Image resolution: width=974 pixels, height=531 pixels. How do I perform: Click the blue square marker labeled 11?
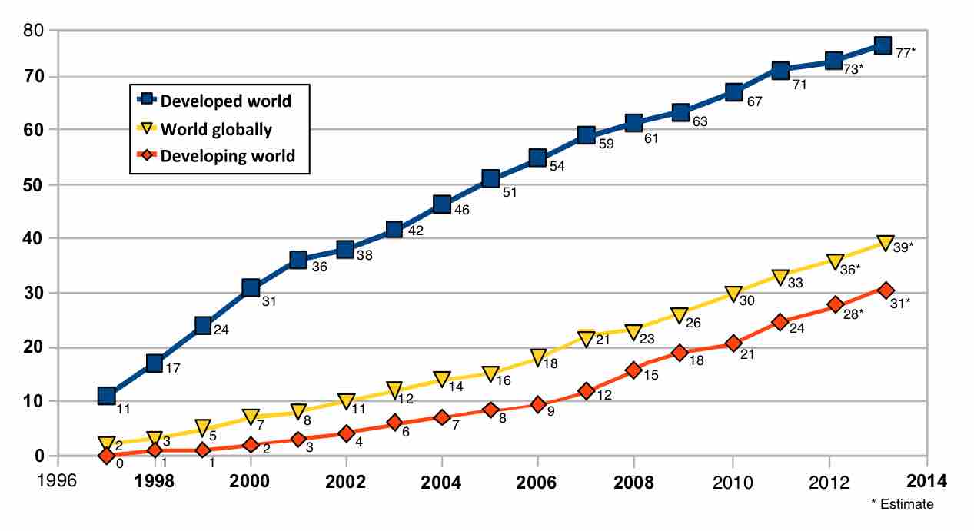(107, 396)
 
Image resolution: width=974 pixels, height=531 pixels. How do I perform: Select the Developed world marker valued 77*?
(883, 45)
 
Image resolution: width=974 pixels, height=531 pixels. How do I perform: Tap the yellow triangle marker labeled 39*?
(885, 244)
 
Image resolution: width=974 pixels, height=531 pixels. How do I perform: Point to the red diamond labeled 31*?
(886, 290)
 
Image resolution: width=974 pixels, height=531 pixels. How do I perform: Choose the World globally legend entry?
(206, 129)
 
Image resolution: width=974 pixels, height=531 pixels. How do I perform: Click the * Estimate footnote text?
(903, 505)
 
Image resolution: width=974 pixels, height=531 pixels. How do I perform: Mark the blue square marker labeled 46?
(442, 204)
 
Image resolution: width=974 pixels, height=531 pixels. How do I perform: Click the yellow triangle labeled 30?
(733, 294)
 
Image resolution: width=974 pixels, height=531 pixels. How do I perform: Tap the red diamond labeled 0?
(106, 456)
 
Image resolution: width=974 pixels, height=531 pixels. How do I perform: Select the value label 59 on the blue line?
(606, 144)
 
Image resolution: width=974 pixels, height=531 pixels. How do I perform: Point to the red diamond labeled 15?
(634, 370)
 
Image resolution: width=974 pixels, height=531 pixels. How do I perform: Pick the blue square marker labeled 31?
(251, 288)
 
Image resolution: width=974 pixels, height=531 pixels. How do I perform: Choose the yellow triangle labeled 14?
(442, 379)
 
